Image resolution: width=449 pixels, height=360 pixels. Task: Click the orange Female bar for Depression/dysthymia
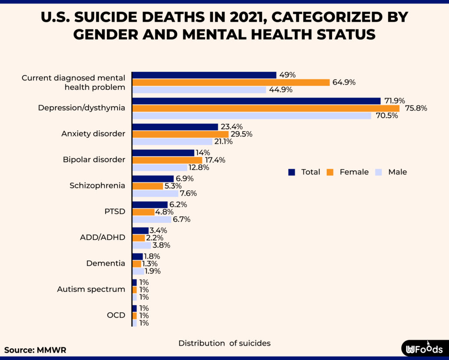click(266, 108)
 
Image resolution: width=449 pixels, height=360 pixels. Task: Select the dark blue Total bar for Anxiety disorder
click(175, 127)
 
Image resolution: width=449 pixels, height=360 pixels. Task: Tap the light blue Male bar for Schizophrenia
click(155, 193)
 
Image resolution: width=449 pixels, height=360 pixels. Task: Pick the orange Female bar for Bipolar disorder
click(167, 160)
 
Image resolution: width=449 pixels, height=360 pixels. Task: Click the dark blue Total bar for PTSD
click(150, 205)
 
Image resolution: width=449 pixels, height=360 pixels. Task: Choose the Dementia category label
click(105, 264)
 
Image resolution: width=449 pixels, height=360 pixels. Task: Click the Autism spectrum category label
click(91, 289)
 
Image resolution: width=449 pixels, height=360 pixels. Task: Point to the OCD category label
click(116, 315)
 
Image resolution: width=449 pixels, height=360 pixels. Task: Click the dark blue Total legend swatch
click(292, 172)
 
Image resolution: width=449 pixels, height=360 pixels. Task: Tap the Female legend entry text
click(354, 172)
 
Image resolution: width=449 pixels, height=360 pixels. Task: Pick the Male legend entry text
click(397, 172)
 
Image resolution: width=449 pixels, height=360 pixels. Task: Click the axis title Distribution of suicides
click(224, 343)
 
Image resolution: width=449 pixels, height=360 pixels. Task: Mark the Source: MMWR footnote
click(35, 350)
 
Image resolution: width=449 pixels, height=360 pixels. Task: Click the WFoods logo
click(424, 349)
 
